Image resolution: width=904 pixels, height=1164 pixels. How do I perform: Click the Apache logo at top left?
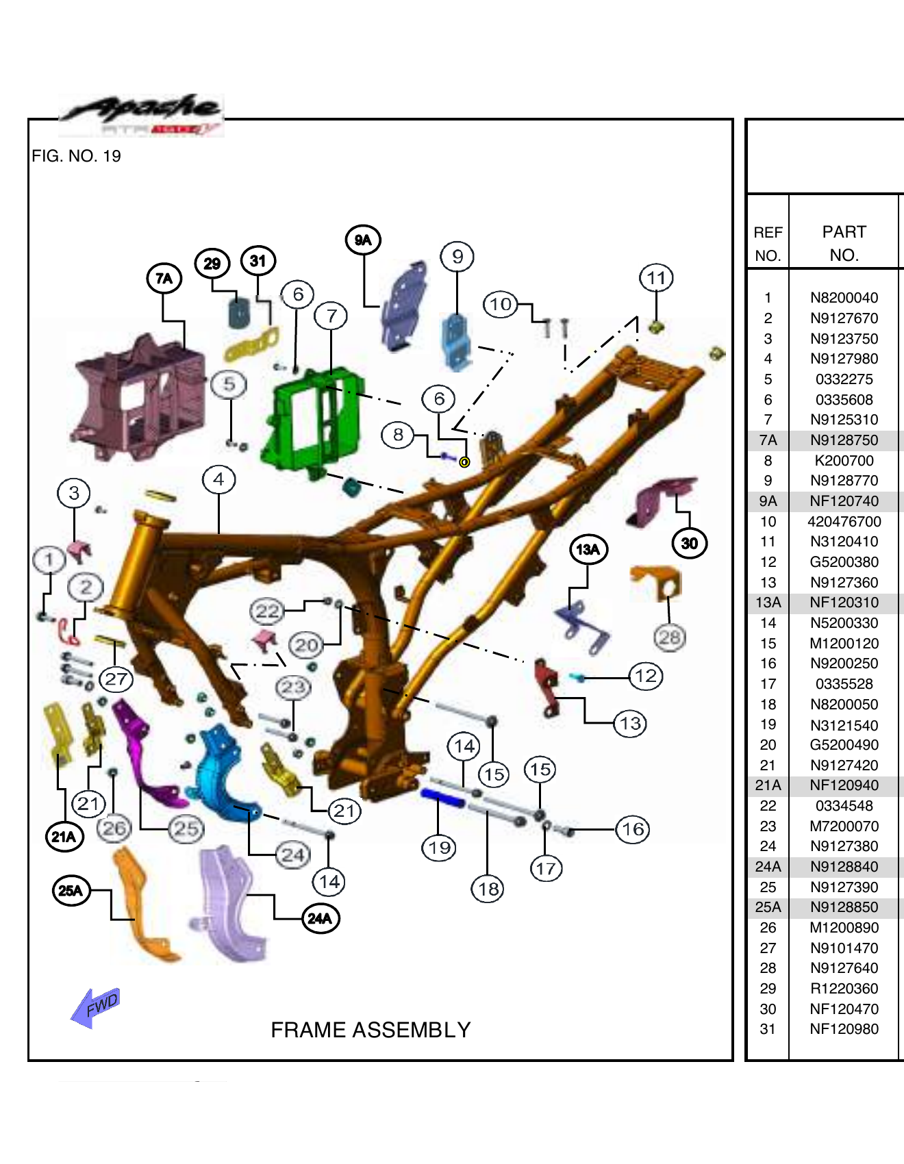click(x=141, y=115)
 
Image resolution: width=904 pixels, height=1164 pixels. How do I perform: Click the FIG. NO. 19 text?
click(x=76, y=156)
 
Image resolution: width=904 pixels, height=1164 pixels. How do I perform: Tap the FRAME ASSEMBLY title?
click(x=371, y=1030)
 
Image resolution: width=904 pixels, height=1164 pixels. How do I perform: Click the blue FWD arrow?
click(x=95, y=1007)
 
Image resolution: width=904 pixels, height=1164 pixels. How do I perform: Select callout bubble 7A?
click(x=164, y=279)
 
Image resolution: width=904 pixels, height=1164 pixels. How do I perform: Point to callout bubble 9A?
click(x=363, y=240)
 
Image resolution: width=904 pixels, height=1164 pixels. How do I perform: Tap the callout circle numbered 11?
click(x=656, y=278)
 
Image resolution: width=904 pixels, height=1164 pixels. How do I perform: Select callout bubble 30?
click(x=689, y=544)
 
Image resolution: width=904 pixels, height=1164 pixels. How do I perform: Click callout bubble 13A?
click(x=588, y=549)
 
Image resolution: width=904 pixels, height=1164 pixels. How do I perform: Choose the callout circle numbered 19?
click(x=439, y=848)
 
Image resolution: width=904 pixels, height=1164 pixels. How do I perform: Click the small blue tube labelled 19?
click(x=443, y=798)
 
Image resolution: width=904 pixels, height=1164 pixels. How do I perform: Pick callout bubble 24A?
click(x=321, y=918)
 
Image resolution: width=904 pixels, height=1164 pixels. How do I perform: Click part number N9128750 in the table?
click(x=844, y=440)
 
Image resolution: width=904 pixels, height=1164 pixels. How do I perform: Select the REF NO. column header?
click(x=768, y=244)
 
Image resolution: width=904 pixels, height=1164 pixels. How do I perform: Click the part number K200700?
click(x=844, y=461)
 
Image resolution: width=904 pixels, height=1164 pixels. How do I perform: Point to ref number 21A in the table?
click(x=768, y=785)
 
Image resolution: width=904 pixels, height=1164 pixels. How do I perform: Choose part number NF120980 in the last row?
click(x=844, y=1029)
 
